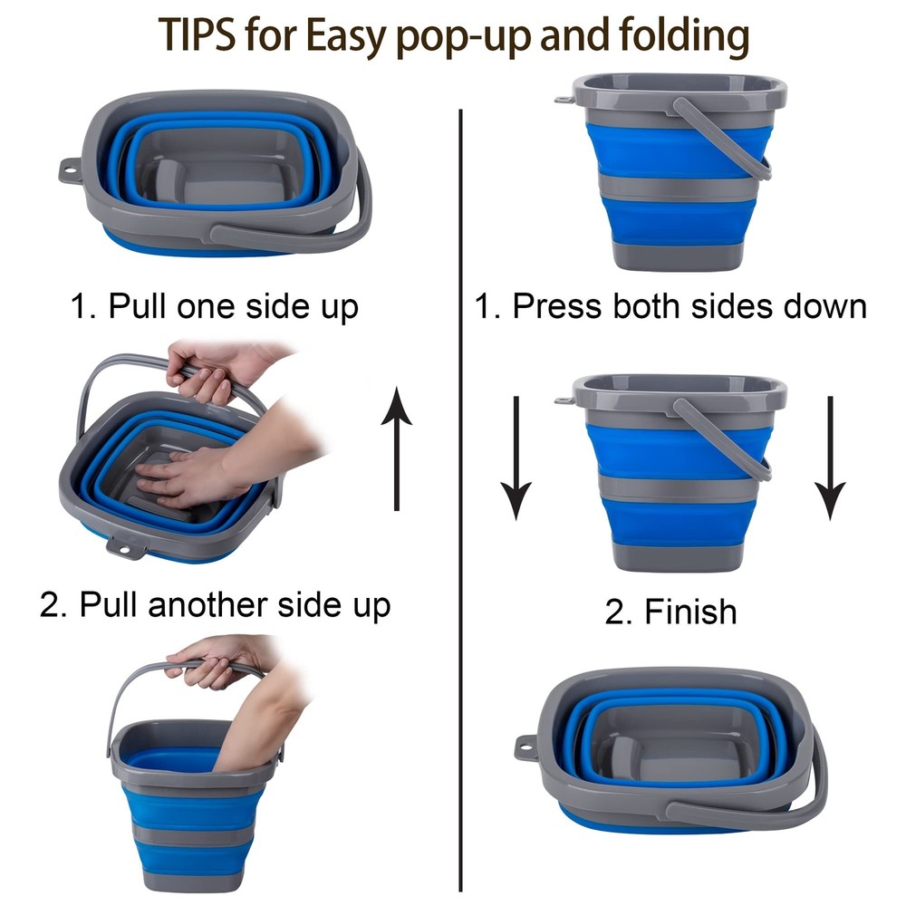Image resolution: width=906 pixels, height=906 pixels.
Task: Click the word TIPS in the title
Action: click(x=197, y=34)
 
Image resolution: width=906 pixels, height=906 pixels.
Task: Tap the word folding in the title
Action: click(x=684, y=37)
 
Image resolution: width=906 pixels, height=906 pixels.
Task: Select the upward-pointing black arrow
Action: click(x=397, y=449)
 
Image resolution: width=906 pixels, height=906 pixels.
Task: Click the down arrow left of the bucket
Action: click(x=516, y=458)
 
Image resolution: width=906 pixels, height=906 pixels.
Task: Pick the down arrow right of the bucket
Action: click(x=830, y=458)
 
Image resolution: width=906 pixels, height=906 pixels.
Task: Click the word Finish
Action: click(x=691, y=612)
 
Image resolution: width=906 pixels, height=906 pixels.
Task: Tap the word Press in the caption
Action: click(x=557, y=305)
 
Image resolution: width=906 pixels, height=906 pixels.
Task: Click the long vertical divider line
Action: click(x=460, y=500)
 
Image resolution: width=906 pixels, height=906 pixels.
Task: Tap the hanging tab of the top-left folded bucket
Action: click(x=71, y=171)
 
